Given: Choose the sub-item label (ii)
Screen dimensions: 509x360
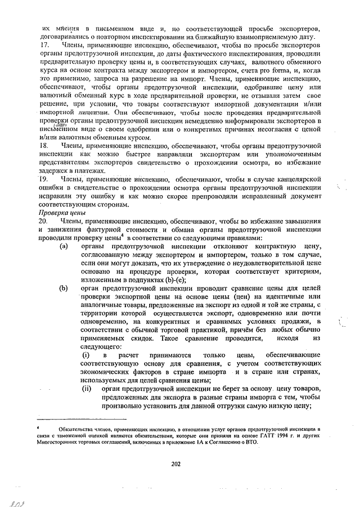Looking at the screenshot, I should coord(87,390).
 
